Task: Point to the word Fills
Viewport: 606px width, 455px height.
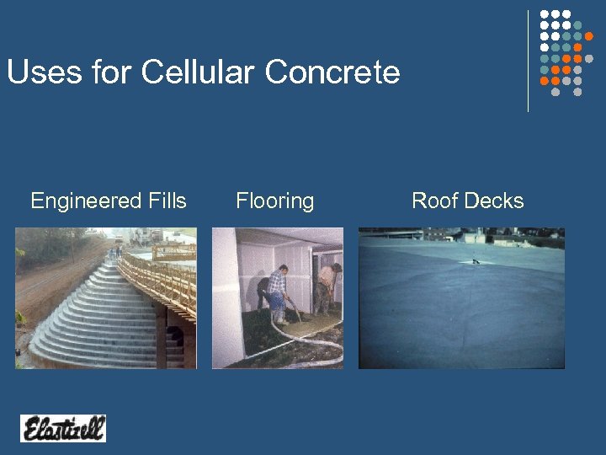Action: tap(166, 201)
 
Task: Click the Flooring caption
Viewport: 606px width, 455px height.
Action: tap(274, 201)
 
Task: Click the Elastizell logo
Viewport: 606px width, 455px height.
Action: tap(63, 428)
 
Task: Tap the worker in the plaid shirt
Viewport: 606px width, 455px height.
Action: tap(276, 291)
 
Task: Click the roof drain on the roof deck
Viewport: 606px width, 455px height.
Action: tap(476, 261)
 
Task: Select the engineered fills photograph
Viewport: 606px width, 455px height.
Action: tap(106, 298)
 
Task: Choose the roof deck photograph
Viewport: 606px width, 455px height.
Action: tap(461, 298)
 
